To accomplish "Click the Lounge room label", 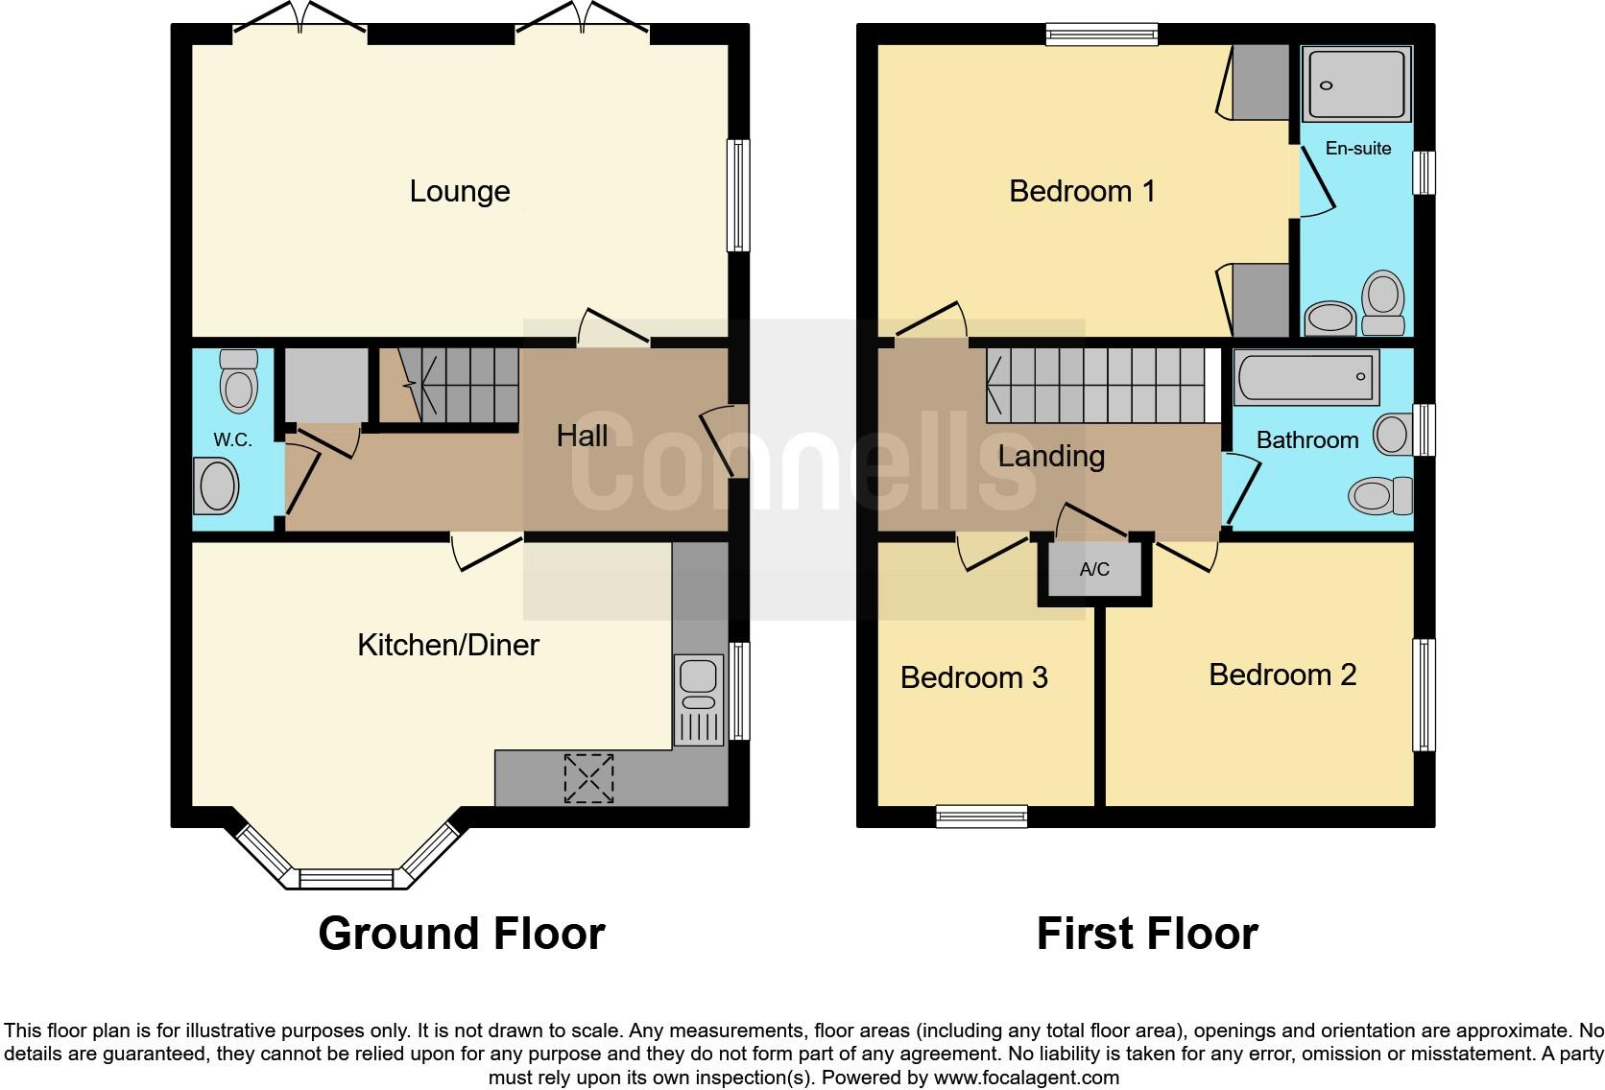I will (460, 191).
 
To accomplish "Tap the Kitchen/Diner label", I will (447, 645).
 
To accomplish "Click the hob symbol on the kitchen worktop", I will (588, 778).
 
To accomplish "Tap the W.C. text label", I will (232, 440).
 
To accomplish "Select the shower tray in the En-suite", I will (1356, 84).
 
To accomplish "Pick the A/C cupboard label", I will (1094, 570).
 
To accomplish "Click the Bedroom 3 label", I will (973, 677).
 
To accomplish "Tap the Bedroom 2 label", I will (1282, 675).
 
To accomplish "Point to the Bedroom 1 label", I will (1082, 191).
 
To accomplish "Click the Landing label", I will (1051, 456).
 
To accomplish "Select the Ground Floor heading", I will (461, 934).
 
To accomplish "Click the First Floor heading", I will (1146, 934).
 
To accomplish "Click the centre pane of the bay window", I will (346, 878).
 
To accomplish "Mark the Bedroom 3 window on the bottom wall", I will (981, 817).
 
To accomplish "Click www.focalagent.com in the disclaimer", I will (1026, 1078).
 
